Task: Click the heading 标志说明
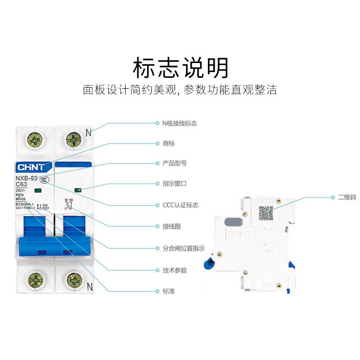pyautogui.click(x=180, y=68)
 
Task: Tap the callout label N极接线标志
pyautogui.click(x=180, y=123)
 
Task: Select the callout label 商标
pyautogui.click(x=168, y=144)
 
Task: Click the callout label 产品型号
pyautogui.click(x=174, y=163)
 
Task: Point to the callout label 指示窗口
pyautogui.click(x=174, y=184)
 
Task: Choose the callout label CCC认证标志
pyautogui.click(x=180, y=205)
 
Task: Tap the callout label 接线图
pyautogui.click(x=171, y=226)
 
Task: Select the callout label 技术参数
pyautogui.click(x=174, y=270)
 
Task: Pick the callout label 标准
pyautogui.click(x=168, y=291)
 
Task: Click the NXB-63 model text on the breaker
pyautogui.click(x=26, y=179)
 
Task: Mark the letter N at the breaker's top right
pyautogui.click(x=89, y=133)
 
